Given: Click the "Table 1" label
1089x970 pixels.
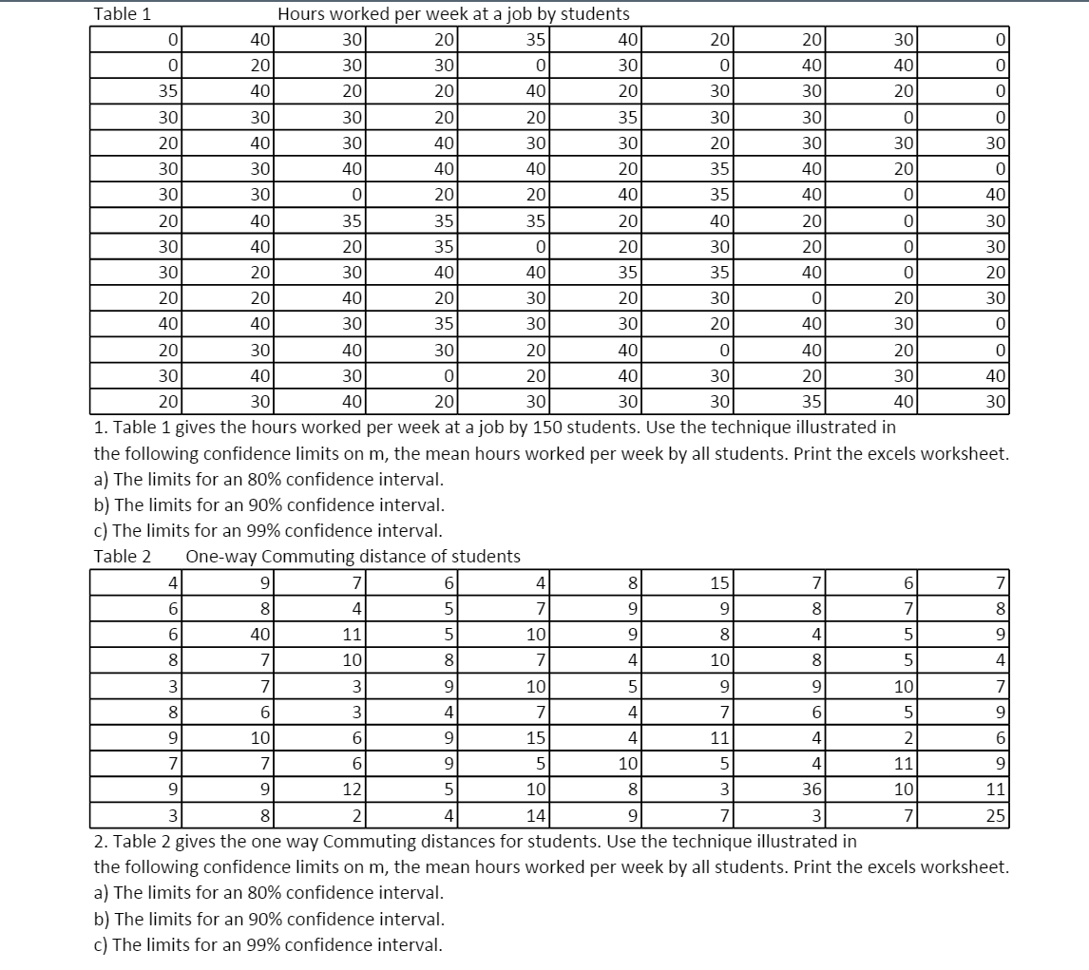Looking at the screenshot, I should [x=123, y=13].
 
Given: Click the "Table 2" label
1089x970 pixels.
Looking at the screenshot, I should [x=123, y=556].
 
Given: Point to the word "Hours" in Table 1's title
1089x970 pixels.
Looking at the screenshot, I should [x=299, y=13].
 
